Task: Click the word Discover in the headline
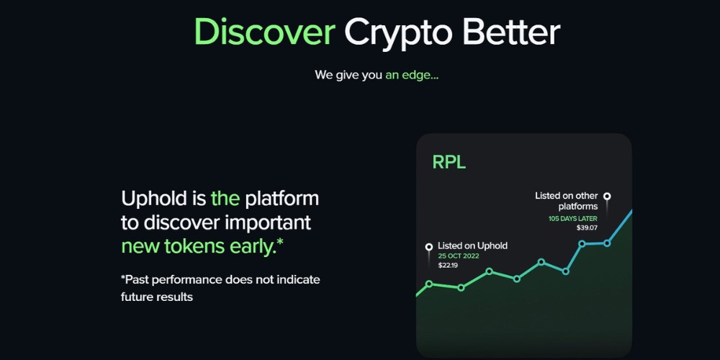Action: pos(264,32)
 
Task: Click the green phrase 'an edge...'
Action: pos(412,74)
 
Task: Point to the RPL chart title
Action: pos(449,162)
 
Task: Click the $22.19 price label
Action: pos(448,266)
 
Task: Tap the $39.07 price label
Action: pos(588,228)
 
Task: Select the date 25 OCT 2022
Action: pos(459,256)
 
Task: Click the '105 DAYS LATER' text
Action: pos(573,218)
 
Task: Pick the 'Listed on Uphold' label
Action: pos(472,246)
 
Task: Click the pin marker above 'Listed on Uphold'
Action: pos(429,247)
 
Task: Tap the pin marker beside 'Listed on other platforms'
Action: pos(607,196)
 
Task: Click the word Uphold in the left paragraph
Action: pos(163,198)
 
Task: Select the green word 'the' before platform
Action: pos(225,198)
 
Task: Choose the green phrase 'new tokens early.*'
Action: pos(202,246)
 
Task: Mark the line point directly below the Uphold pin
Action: pos(429,284)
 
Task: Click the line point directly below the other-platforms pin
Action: pos(607,243)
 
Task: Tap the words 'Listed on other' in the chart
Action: pos(567,196)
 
